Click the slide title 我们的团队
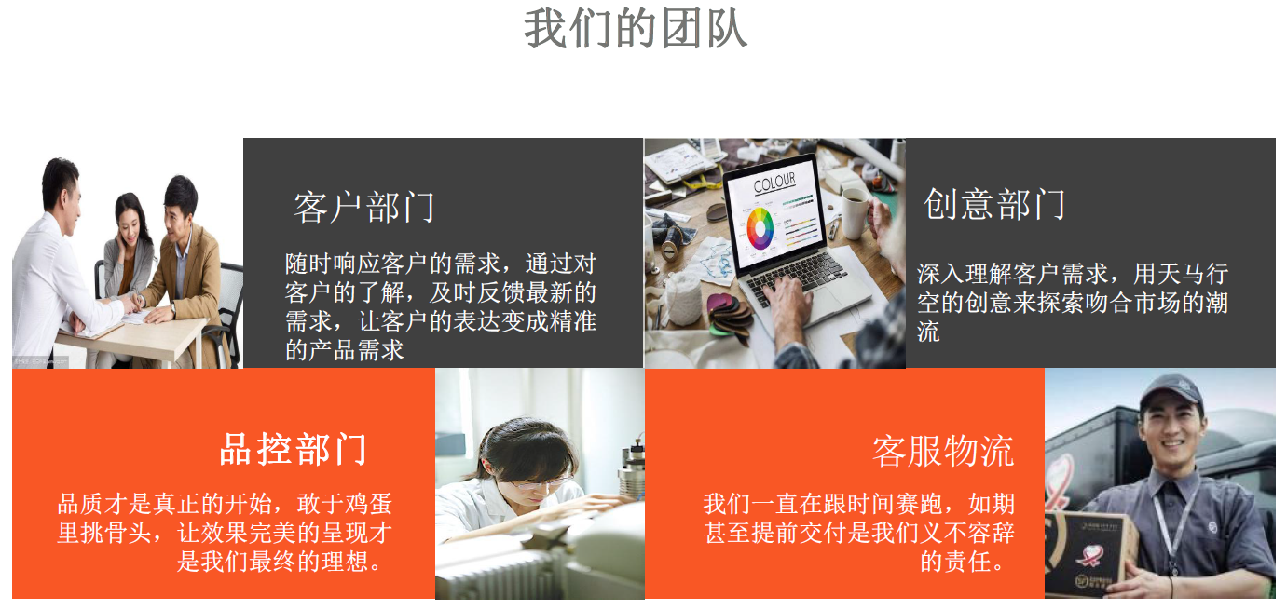[x=636, y=28]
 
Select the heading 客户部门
[x=364, y=207]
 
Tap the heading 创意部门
[x=994, y=204]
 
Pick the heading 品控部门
[x=293, y=449]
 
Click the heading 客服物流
[x=943, y=452]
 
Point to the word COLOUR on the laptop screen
[x=774, y=183]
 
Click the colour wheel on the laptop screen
[x=760, y=228]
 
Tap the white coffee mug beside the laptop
[x=856, y=212]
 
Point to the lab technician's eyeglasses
[x=536, y=482]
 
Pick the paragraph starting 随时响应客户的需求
[x=441, y=306]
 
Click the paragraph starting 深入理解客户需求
[x=1073, y=302]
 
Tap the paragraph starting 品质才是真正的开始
[x=225, y=533]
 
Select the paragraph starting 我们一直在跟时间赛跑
[x=859, y=533]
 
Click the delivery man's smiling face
[x=1172, y=430]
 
